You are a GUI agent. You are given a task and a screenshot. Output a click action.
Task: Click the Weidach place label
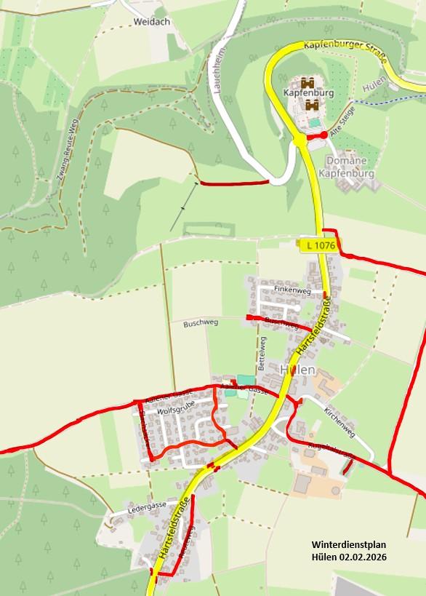coord(151,22)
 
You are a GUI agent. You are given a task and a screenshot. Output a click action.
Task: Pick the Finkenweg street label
coord(287,290)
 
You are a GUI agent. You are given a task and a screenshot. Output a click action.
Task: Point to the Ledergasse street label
coord(146,505)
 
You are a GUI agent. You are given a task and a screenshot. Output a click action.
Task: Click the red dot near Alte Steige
coord(323,135)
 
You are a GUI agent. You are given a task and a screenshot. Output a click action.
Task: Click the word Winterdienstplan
coord(348,544)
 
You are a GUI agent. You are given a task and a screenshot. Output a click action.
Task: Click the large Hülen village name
coord(297,370)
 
